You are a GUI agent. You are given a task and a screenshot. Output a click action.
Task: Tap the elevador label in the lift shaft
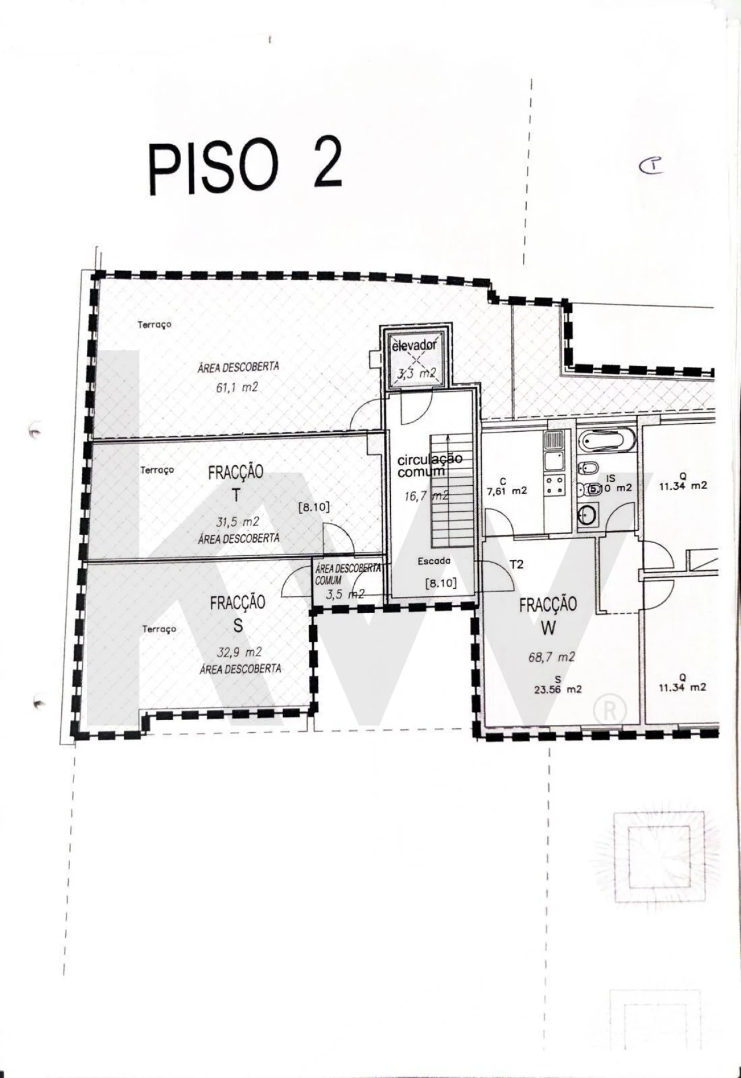pyautogui.click(x=414, y=346)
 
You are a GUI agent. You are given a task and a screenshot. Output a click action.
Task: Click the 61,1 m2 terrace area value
pyautogui.click(x=237, y=387)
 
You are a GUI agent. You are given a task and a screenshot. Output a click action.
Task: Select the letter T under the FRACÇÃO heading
pyautogui.click(x=235, y=496)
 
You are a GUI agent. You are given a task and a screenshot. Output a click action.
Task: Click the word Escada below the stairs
pyautogui.click(x=434, y=561)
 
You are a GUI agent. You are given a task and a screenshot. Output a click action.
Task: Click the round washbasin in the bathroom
pyautogui.click(x=587, y=515)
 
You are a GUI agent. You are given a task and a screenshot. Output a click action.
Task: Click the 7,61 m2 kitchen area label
pyautogui.click(x=507, y=490)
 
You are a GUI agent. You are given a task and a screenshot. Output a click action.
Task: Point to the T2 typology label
pyautogui.click(x=516, y=564)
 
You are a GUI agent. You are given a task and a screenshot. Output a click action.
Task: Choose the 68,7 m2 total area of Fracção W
pyautogui.click(x=551, y=657)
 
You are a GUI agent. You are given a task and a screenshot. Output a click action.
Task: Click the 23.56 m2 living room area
pyautogui.click(x=557, y=689)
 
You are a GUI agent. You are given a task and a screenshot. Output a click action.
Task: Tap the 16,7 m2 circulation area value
pyautogui.click(x=426, y=496)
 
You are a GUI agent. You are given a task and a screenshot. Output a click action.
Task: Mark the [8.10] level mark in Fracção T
pyautogui.click(x=314, y=507)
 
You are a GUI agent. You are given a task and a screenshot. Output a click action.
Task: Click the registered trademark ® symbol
pyautogui.click(x=610, y=709)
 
